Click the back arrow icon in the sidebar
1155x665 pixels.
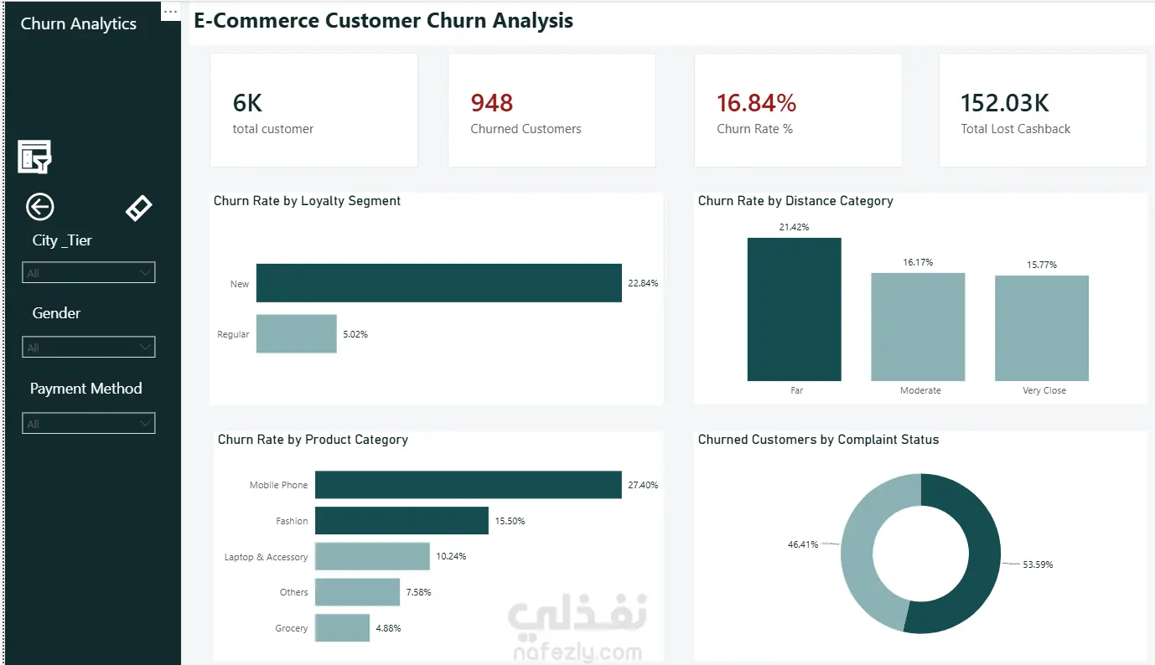coord(39,207)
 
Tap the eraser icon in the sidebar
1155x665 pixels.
coord(138,208)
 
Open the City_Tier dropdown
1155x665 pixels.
coord(89,272)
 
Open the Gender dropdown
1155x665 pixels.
coord(89,347)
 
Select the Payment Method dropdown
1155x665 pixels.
coord(89,423)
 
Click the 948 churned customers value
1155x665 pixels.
coord(491,103)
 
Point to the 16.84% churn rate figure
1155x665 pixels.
coord(756,103)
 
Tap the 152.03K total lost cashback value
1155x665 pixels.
coord(1004,103)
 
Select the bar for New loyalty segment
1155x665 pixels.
coord(439,283)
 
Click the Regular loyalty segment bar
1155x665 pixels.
coord(297,334)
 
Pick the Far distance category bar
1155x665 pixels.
coord(794,309)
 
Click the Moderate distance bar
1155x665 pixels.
coord(918,327)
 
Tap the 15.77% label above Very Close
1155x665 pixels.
coord(1042,265)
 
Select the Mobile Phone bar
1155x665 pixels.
coord(469,485)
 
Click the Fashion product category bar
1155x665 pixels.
coord(401,521)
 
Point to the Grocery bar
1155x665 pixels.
coord(342,628)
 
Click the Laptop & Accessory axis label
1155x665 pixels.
coord(266,557)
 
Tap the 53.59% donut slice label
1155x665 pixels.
coord(1038,564)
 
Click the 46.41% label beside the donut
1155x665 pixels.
coord(803,544)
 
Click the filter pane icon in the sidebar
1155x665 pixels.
coord(34,157)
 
